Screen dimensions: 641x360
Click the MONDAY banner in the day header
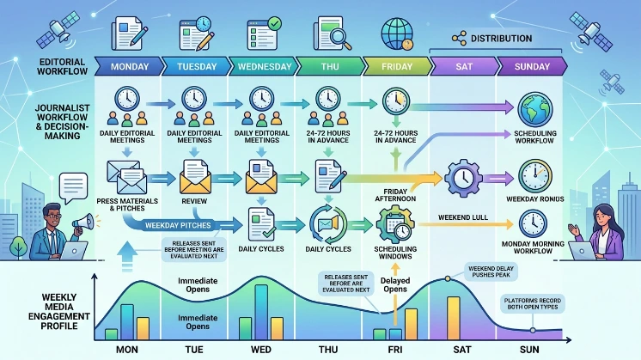(x=129, y=67)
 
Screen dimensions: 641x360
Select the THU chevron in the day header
(x=329, y=67)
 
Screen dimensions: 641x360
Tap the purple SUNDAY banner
(x=532, y=67)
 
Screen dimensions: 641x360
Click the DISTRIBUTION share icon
(x=459, y=39)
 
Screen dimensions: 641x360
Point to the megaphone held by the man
(x=84, y=223)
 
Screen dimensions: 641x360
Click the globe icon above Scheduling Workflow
(x=534, y=109)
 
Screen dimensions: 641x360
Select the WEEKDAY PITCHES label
(x=178, y=225)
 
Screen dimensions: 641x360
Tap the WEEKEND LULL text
(x=463, y=217)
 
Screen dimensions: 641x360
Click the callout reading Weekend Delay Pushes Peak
(x=491, y=272)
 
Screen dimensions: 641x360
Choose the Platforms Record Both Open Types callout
(x=532, y=303)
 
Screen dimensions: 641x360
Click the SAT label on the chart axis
(x=462, y=350)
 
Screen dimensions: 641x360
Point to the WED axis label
(x=261, y=350)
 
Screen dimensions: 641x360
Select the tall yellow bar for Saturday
(x=454, y=318)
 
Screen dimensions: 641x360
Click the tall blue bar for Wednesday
(x=261, y=312)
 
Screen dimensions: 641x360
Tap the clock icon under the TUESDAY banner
(x=194, y=99)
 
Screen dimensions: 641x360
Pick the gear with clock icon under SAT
(x=463, y=178)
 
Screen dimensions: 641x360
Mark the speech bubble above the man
(x=73, y=187)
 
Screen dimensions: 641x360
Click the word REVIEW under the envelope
(x=194, y=201)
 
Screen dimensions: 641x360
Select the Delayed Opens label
(x=395, y=284)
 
